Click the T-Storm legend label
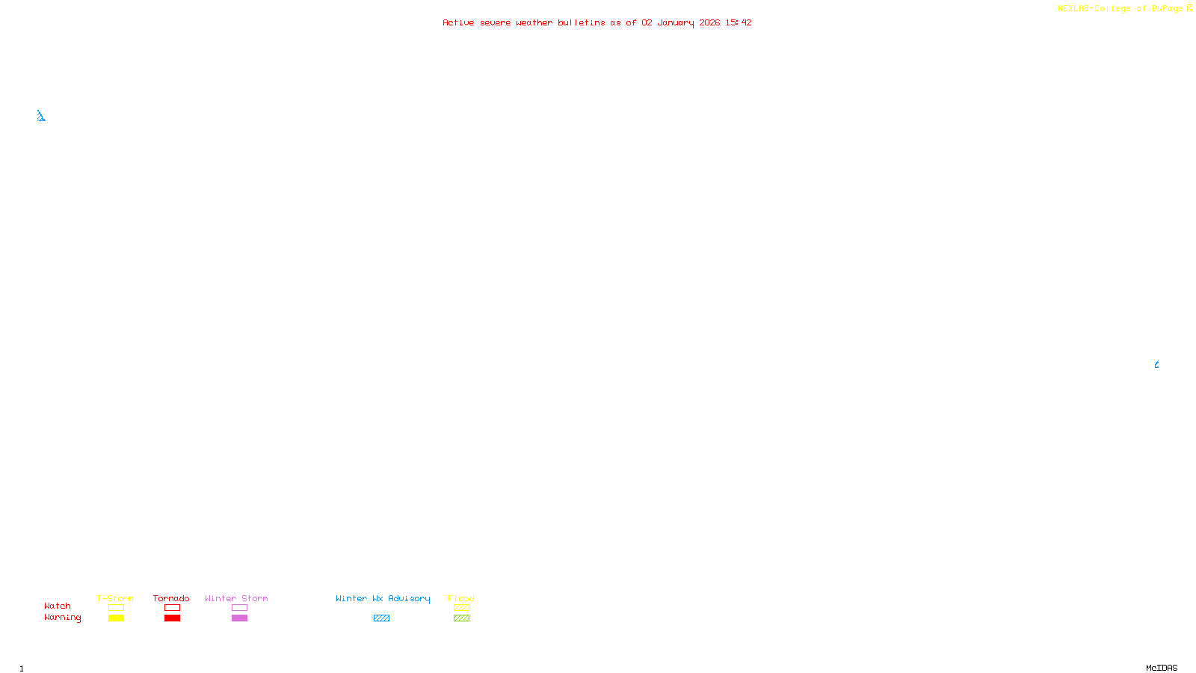point(115,598)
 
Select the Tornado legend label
point(171,598)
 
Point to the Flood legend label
point(461,598)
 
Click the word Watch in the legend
point(58,606)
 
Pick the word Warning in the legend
point(62,618)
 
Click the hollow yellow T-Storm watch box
point(116,608)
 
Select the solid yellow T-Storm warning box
point(116,618)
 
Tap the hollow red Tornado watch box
point(172,608)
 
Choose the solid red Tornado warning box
point(172,618)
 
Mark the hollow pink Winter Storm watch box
point(239,608)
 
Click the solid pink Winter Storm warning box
point(239,618)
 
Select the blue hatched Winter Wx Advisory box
point(381,618)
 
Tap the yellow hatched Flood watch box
point(461,608)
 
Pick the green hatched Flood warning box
point(461,618)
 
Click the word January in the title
point(676,22)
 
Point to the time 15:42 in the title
point(739,22)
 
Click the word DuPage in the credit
point(1167,9)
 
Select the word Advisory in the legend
point(409,598)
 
